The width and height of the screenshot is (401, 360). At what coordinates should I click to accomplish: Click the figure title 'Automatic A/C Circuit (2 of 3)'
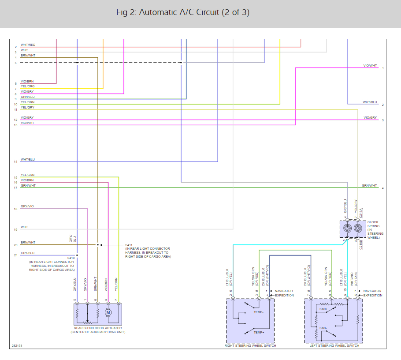(x=183, y=12)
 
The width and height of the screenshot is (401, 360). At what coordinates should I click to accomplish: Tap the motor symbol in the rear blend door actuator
(x=108, y=313)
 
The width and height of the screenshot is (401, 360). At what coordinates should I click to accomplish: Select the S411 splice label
(x=129, y=245)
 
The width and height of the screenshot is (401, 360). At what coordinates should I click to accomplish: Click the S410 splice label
(x=71, y=258)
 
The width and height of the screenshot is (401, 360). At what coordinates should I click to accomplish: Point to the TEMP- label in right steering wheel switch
(x=259, y=312)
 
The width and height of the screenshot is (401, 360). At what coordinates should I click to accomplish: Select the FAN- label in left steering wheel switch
(x=323, y=328)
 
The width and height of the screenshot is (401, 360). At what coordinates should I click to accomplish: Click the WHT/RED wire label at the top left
(x=28, y=45)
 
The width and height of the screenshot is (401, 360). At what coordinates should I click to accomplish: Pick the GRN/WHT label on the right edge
(x=369, y=186)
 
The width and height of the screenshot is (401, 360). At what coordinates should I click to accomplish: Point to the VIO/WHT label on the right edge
(x=370, y=66)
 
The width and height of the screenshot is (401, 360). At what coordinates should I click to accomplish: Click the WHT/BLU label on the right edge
(x=370, y=102)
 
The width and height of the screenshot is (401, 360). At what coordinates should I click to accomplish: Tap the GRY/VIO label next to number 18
(x=27, y=206)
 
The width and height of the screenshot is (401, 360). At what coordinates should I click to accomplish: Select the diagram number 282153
(x=17, y=346)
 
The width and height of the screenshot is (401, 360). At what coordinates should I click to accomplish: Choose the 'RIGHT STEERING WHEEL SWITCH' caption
(x=250, y=346)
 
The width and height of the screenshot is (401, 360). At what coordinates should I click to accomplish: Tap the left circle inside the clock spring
(x=347, y=229)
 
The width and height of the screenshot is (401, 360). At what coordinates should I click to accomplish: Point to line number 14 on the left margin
(x=15, y=162)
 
